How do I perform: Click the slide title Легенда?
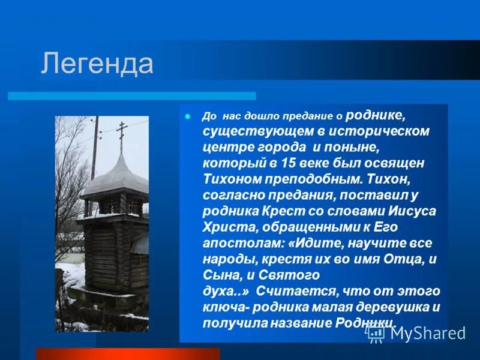pos(97,64)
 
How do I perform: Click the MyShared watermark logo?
pos(416,334)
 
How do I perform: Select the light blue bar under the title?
pos(131,96)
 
